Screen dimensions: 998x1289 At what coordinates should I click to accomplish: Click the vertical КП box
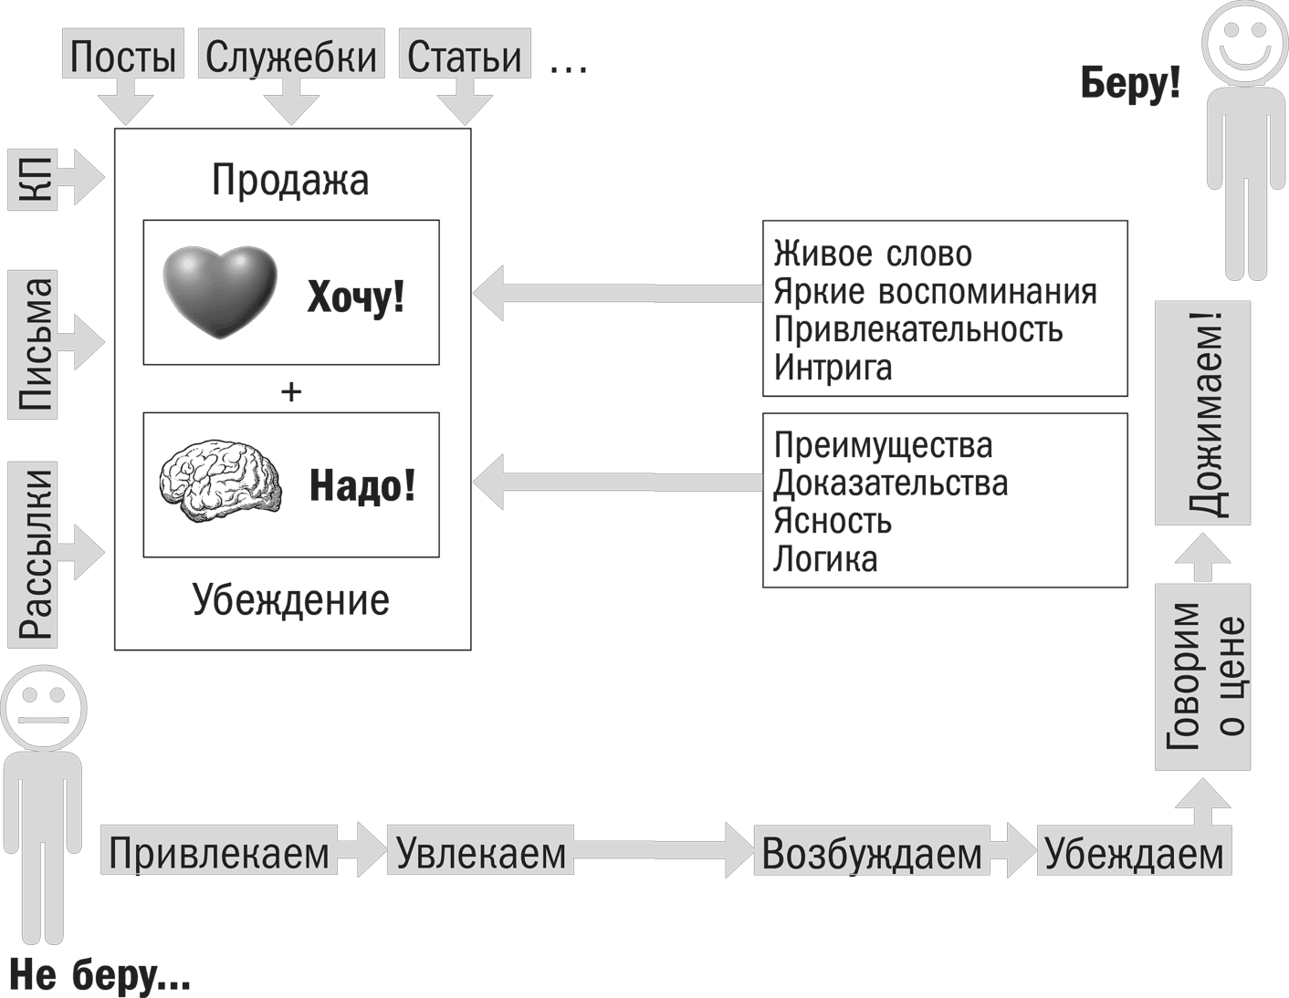(33, 178)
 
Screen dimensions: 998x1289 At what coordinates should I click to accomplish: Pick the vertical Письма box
(33, 344)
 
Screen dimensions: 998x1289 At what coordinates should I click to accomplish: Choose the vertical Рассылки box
(33, 554)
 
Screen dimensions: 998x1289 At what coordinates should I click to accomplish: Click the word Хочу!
(355, 296)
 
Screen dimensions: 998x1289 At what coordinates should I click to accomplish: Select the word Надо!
(362, 485)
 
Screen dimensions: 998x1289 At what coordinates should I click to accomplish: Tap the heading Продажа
(290, 180)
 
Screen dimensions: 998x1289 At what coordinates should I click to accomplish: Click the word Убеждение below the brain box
(291, 600)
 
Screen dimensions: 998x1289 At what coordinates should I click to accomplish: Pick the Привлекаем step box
(219, 852)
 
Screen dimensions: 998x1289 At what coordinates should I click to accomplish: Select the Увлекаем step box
(481, 852)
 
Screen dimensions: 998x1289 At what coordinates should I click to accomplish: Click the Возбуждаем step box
(872, 852)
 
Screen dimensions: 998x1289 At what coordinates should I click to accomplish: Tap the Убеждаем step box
(1134, 852)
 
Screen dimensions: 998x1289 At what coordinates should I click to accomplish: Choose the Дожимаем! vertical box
(1202, 413)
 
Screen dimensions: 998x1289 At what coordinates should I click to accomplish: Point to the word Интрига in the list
(833, 369)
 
